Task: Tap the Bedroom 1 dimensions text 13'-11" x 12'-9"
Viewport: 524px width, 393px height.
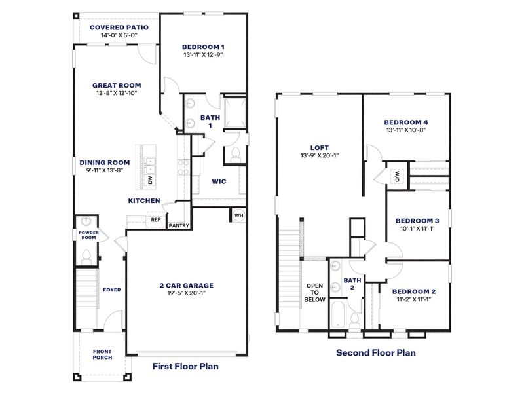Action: pyautogui.click(x=203, y=56)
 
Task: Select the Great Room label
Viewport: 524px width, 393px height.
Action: pyautogui.click(x=117, y=85)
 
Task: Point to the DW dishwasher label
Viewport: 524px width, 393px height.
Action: pyautogui.click(x=150, y=180)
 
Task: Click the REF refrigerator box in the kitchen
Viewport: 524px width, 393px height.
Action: pyautogui.click(x=155, y=220)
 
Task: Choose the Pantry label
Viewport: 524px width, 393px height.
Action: pyautogui.click(x=179, y=226)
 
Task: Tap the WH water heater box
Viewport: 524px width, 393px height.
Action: pyautogui.click(x=238, y=215)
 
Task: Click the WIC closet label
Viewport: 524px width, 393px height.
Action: pyautogui.click(x=218, y=181)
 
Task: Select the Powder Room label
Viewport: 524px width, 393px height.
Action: pyautogui.click(x=88, y=235)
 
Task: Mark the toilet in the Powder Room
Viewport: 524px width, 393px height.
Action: pyautogui.click(x=85, y=257)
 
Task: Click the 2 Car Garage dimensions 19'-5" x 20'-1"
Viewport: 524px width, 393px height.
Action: pyautogui.click(x=187, y=293)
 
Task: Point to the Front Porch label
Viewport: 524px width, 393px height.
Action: pyautogui.click(x=102, y=354)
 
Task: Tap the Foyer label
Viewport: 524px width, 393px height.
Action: pyautogui.click(x=111, y=289)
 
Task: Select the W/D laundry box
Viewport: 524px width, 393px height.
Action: pyautogui.click(x=397, y=176)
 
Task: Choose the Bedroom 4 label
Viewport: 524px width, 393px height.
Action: pyautogui.click(x=406, y=122)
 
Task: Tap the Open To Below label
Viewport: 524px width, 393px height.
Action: pyautogui.click(x=314, y=292)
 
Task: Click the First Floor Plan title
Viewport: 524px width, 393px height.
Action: pyautogui.click(x=185, y=367)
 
